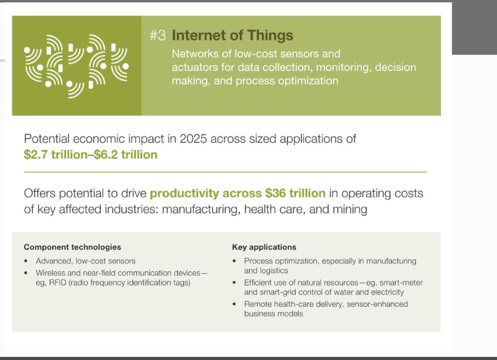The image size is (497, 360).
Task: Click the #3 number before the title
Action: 157,35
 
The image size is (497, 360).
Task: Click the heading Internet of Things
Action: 232,35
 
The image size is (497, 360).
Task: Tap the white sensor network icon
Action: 77,66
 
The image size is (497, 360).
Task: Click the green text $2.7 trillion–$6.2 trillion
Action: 91,155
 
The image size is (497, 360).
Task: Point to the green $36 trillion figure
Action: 295,193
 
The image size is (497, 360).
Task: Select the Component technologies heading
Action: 72,247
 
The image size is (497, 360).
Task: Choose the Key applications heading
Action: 264,247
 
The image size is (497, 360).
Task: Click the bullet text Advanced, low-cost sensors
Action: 85,261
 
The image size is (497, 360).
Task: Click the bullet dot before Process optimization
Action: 234,261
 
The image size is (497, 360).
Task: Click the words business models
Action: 273,314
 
